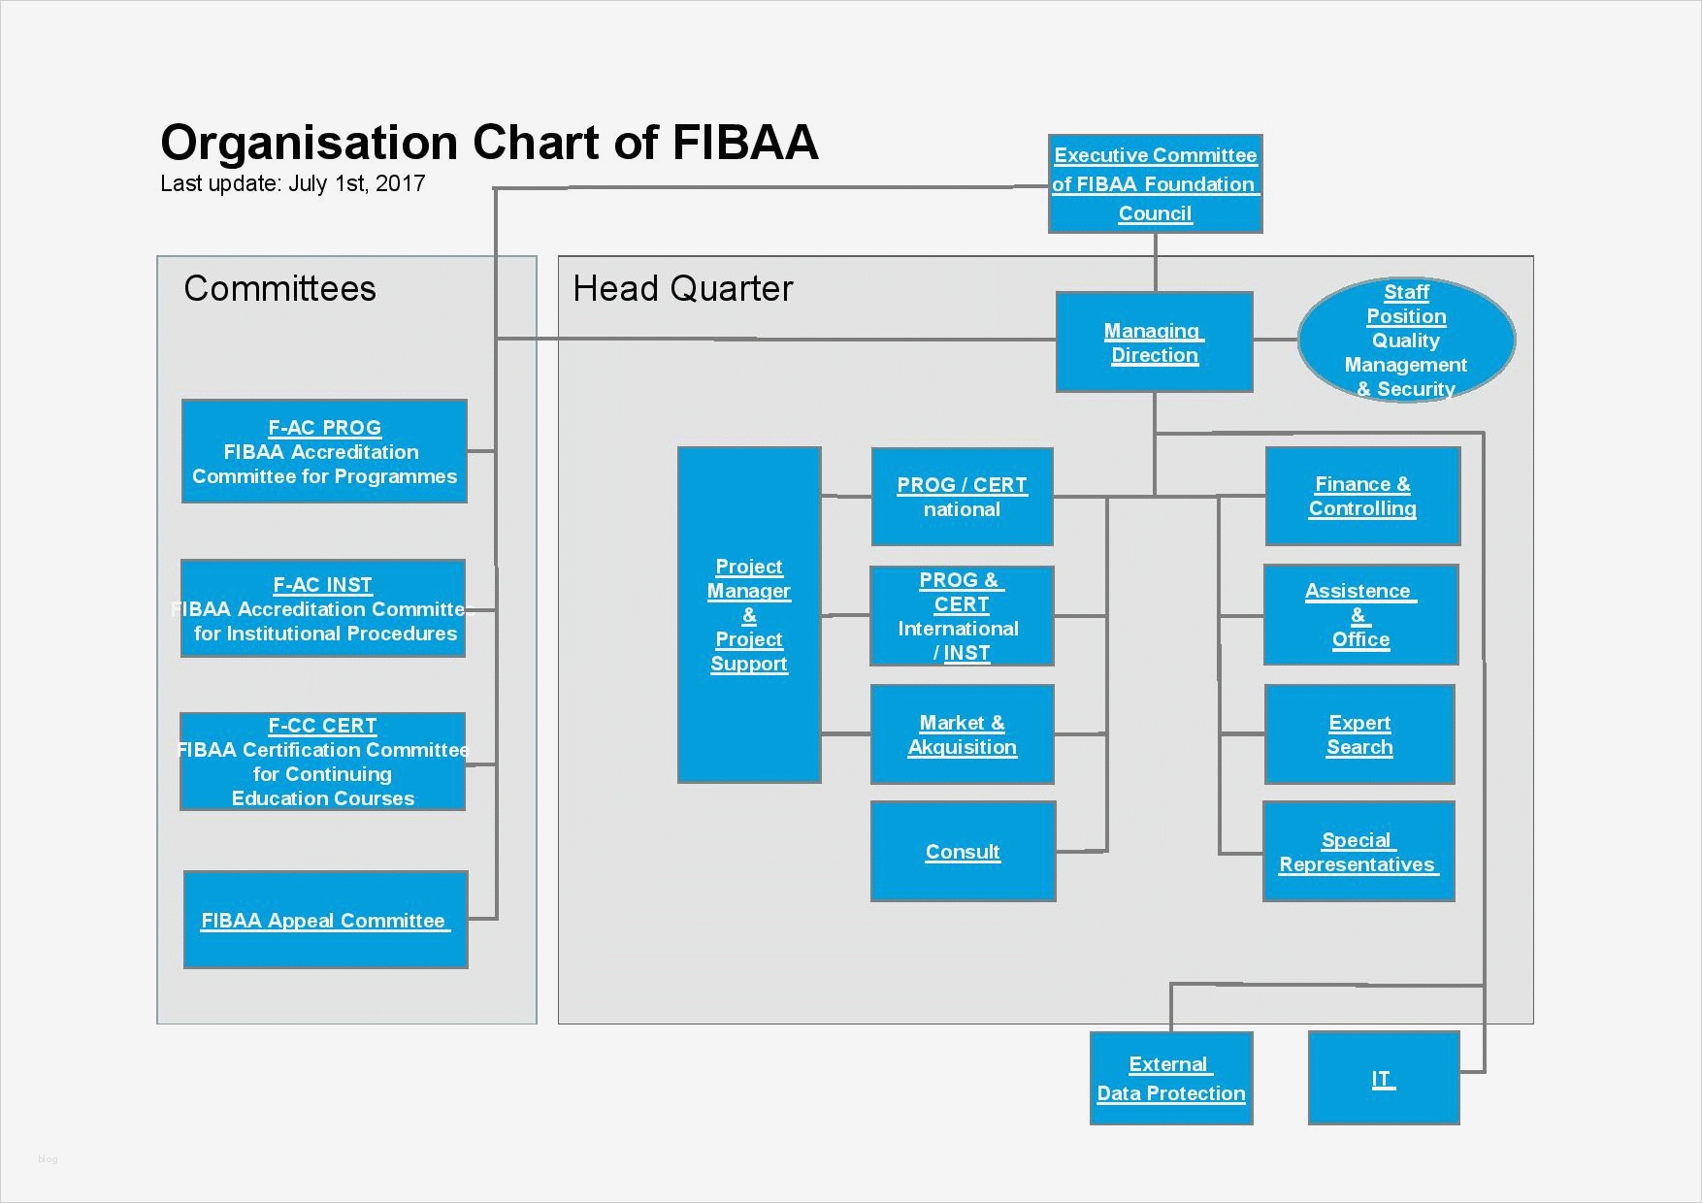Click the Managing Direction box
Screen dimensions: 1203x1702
tap(1154, 342)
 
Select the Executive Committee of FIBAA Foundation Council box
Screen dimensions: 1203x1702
tap(1155, 184)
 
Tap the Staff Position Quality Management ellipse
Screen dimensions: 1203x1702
tap(1406, 341)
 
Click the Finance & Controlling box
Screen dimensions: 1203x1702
tap(1362, 496)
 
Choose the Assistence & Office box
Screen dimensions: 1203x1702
tap(1360, 615)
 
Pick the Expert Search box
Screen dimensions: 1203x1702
tap(1359, 734)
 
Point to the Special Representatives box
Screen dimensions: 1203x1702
tap(1358, 852)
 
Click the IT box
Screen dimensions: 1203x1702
tap(1384, 1078)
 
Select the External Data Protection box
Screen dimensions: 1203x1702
tap(1171, 1078)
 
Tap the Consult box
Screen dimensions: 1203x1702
tap(963, 852)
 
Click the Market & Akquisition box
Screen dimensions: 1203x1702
tap(962, 734)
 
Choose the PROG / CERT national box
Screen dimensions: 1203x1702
tap(962, 497)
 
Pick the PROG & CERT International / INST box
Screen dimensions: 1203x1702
tap(962, 616)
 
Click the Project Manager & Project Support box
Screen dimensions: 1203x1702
tap(749, 615)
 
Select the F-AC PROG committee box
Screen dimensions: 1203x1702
tap(324, 451)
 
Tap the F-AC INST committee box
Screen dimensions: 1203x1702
tap(323, 608)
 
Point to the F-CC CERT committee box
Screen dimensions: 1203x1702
tap(322, 762)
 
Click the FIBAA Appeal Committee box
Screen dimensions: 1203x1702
tap(325, 920)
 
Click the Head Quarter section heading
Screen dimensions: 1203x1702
tap(682, 288)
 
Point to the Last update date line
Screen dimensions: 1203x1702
tap(292, 183)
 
